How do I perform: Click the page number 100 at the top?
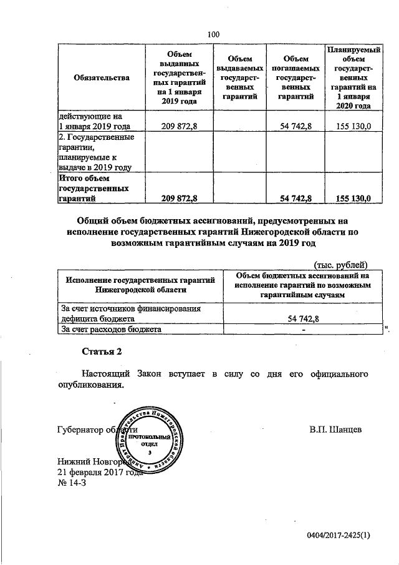pos(214,34)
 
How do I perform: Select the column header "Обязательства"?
pos(101,77)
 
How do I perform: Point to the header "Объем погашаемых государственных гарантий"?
pos(296,77)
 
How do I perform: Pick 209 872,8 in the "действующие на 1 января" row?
pos(179,126)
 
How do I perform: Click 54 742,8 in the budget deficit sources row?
pos(303,318)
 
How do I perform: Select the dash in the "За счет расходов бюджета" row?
pos(303,329)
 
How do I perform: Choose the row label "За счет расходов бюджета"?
pos(110,329)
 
